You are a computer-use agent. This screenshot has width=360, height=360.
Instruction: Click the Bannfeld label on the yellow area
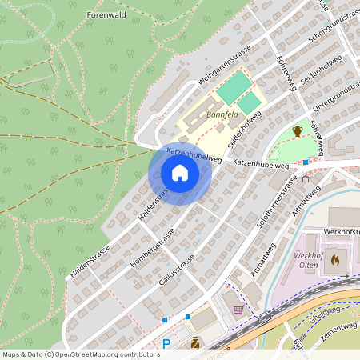[222, 114]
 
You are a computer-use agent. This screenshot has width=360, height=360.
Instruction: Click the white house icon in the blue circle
[180, 174]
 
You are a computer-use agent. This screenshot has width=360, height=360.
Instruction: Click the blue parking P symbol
[166, 344]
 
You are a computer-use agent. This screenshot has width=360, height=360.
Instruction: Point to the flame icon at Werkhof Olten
[334, 259]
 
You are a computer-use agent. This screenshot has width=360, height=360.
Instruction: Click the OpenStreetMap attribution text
[81, 354]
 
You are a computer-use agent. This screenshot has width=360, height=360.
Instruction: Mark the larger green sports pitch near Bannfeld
[233, 87]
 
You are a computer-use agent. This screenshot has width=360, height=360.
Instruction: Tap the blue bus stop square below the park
[305, 162]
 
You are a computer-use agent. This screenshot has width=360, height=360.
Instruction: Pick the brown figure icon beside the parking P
[194, 344]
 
